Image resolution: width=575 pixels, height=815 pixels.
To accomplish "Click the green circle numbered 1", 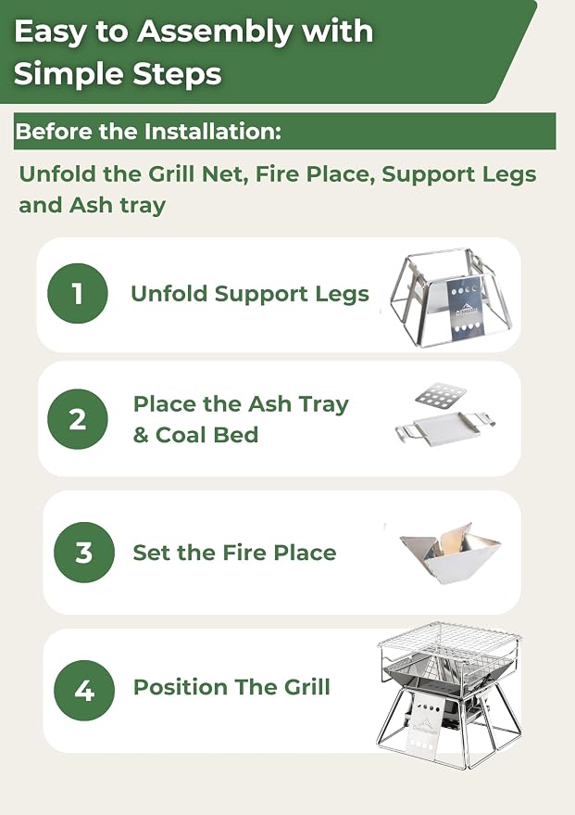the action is tap(78, 293).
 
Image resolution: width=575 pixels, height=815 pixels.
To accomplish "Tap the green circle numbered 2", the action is tap(78, 419).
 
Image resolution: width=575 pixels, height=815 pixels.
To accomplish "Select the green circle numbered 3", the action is tap(84, 552).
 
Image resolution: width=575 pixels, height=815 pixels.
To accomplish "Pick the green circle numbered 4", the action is tap(84, 690).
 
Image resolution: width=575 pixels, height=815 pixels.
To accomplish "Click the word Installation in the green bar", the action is tap(212, 132).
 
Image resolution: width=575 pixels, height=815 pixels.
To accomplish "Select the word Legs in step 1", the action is tap(343, 295).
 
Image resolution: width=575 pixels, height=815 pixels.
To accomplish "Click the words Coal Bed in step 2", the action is tap(206, 435).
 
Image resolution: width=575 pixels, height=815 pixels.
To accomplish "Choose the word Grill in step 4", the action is tap(306, 687).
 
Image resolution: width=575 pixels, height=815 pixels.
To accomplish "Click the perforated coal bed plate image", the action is tap(441, 395).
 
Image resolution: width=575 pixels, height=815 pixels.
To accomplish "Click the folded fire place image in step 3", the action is tap(449, 553).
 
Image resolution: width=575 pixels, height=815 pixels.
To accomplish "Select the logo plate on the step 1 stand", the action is tap(466, 311).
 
